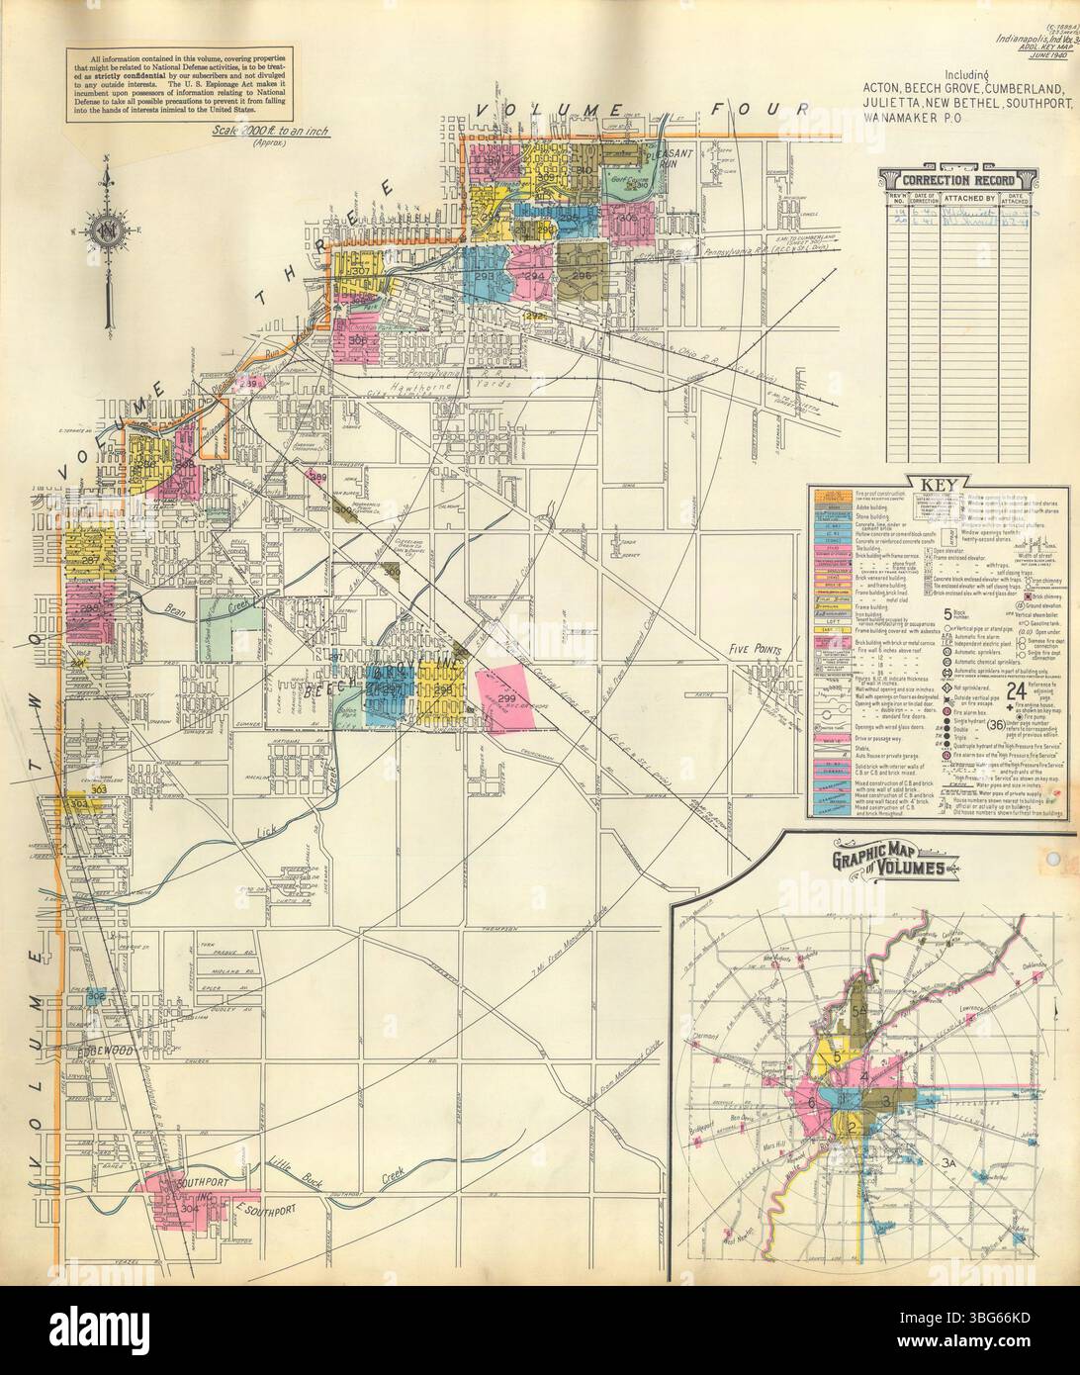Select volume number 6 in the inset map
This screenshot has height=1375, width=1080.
tap(812, 1103)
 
